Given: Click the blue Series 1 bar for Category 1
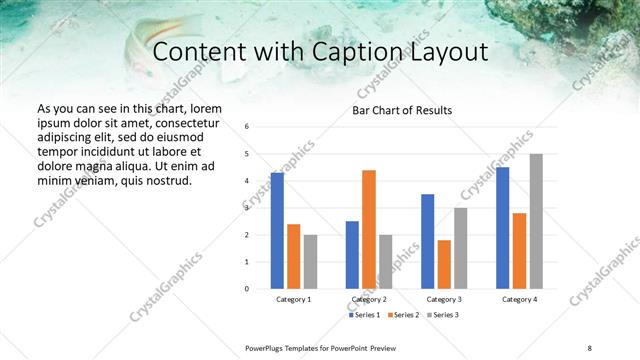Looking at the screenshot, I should point(277,231).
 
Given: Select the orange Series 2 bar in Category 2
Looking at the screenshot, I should point(369,229).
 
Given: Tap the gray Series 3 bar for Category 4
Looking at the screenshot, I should point(536,221).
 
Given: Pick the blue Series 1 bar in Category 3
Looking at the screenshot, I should point(427,241).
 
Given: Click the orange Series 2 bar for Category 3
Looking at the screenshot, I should point(444,264).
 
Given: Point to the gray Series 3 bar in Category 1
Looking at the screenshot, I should point(310,261).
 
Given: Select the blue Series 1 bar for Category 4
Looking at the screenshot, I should point(502,228).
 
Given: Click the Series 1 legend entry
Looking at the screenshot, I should point(364,315).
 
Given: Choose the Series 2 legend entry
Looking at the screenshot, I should point(401,315).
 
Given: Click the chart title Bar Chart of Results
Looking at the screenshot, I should point(402,110).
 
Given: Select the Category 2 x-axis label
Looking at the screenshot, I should point(369,299).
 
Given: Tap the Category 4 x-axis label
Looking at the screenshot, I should point(519,299).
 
